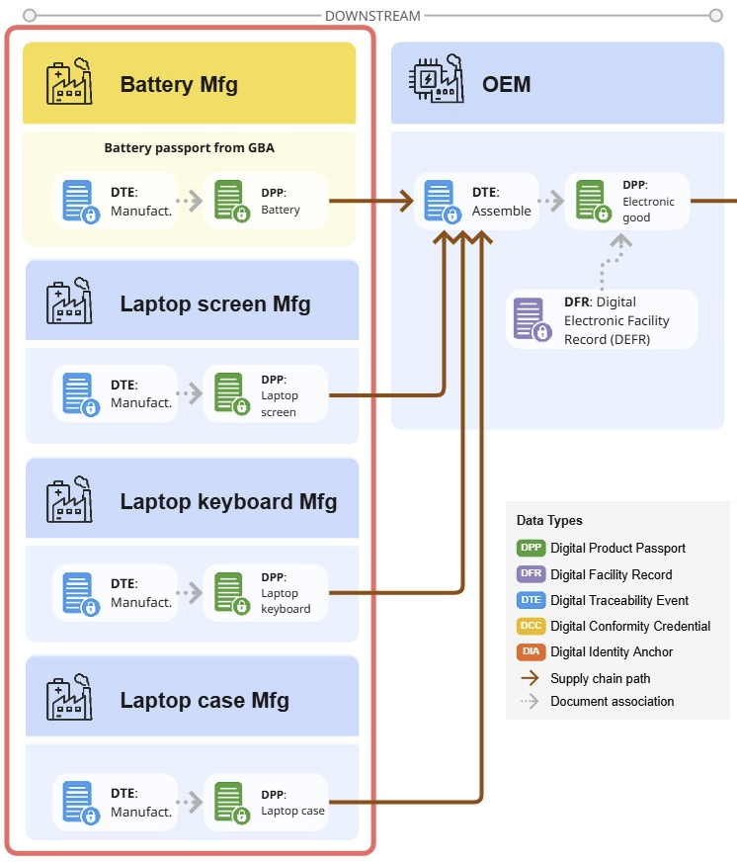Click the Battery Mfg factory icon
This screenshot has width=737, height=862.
click(69, 83)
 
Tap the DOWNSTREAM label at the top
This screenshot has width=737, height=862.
click(372, 16)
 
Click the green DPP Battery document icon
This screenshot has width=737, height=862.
click(231, 201)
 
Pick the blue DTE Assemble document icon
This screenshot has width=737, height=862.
click(441, 201)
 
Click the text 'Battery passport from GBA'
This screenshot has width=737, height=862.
click(189, 148)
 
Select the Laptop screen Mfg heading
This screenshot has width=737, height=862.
click(214, 303)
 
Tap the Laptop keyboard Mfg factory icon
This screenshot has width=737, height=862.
click(69, 501)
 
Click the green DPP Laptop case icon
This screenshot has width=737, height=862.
click(231, 803)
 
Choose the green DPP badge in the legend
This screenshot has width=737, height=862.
click(531, 548)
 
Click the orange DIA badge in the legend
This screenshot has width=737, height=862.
click(531, 651)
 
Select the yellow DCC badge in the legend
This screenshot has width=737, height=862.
click(531, 626)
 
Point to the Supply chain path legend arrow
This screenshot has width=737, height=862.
click(531, 678)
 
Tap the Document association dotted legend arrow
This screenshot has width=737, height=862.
click(531, 702)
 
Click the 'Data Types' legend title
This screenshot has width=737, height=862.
click(549, 521)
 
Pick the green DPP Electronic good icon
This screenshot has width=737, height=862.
click(592, 201)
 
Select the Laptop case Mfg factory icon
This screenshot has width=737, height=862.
click(69, 700)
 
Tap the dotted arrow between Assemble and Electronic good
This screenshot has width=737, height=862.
click(551, 201)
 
